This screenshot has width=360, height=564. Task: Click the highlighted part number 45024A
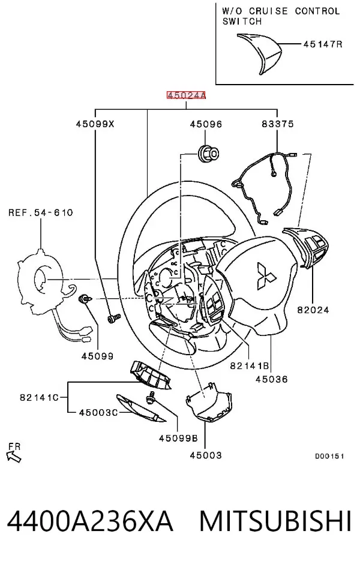click(186, 95)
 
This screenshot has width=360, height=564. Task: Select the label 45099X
click(95, 124)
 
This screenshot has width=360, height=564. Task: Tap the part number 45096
click(206, 124)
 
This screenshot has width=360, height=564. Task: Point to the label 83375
click(278, 124)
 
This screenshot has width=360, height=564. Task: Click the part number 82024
click(313, 310)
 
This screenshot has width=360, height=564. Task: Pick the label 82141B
click(250, 366)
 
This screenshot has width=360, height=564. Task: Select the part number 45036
click(272, 379)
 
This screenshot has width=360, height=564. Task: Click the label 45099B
click(178, 438)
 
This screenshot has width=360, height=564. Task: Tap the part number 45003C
click(98, 412)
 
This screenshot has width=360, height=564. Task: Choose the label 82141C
click(39, 397)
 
